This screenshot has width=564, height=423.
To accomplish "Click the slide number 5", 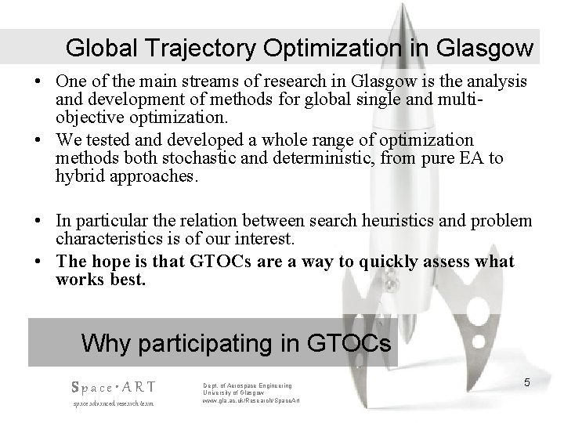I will coord(527,382).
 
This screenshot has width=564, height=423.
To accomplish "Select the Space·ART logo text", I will coord(114,386).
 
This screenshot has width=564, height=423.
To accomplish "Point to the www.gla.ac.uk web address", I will coord(247,401).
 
